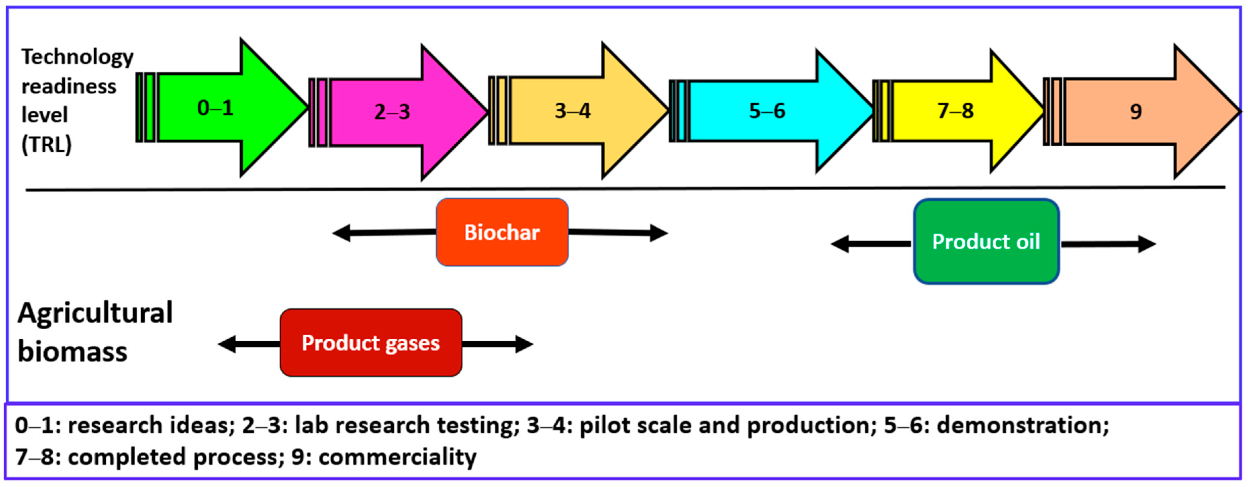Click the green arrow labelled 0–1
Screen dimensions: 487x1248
click(216, 107)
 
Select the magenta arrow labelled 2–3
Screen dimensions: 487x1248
click(392, 112)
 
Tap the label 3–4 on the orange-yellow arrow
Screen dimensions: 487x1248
click(573, 111)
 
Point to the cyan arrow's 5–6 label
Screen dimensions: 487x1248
click(767, 111)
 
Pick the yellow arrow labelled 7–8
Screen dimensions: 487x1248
click(955, 111)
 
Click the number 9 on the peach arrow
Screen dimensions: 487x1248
click(1136, 112)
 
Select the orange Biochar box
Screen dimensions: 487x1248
click(502, 232)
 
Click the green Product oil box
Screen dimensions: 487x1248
click(986, 242)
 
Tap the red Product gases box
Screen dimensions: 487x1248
click(371, 343)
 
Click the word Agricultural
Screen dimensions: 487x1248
click(95, 313)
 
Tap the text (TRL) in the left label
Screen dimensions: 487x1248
click(47, 144)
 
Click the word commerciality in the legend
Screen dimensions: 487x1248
click(397, 456)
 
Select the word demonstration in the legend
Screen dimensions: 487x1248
click(1022, 425)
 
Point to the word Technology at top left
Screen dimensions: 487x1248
click(78, 57)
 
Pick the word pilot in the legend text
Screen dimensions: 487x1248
click(600, 425)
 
